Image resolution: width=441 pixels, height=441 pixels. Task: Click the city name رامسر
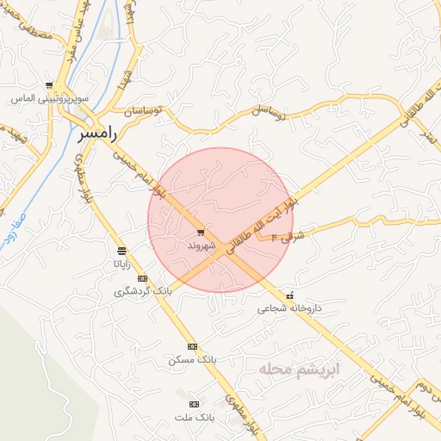[95, 134]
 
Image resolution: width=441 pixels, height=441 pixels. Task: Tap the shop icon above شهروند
[200, 233]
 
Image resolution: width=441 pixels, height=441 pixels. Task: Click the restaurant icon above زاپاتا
[121, 251]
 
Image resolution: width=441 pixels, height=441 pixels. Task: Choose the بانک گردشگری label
[143, 291]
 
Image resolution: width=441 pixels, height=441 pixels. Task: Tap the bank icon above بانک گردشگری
[142, 278]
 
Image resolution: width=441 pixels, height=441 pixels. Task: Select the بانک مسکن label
[190, 359]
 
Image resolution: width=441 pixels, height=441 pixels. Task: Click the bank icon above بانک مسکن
[192, 346]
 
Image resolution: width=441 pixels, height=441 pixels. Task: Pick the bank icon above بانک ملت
[194, 404]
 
